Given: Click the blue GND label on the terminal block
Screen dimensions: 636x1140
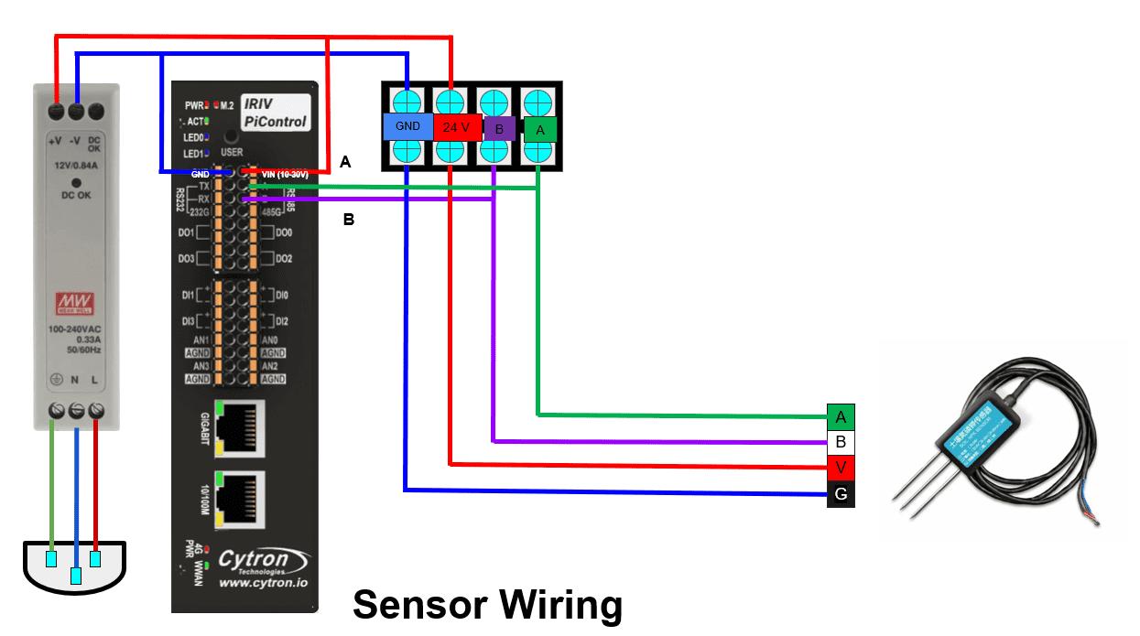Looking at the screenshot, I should pyautogui.click(x=407, y=127).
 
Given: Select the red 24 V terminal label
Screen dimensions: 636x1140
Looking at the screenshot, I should pyautogui.click(x=451, y=128).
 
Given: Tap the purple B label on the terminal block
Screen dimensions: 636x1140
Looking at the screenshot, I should pyautogui.click(x=499, y=129).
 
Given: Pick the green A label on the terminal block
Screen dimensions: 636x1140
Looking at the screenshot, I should pyautogui.click(x=540, y=130).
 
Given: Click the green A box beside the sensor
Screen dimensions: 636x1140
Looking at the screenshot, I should pyautogui.click(x=840, y=417).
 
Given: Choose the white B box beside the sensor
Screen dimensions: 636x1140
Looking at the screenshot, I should pyautogui.click(x=840, y=443).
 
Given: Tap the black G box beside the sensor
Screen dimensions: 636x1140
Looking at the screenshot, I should pyautogui.click(x=840, y=495).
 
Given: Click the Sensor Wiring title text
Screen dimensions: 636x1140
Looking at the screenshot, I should pyautogui.click(x=487, y=606).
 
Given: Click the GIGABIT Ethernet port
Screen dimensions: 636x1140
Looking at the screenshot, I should pyautogui.click(x=240, y=426).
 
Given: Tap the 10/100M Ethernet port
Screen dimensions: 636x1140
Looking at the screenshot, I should pyautogui.click(x=240, y=498).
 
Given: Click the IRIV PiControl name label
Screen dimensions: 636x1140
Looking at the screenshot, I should pyautogui.click(x=275, y=113).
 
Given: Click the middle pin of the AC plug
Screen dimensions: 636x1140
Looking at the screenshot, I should pyautogui.click(x=76, y=576).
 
